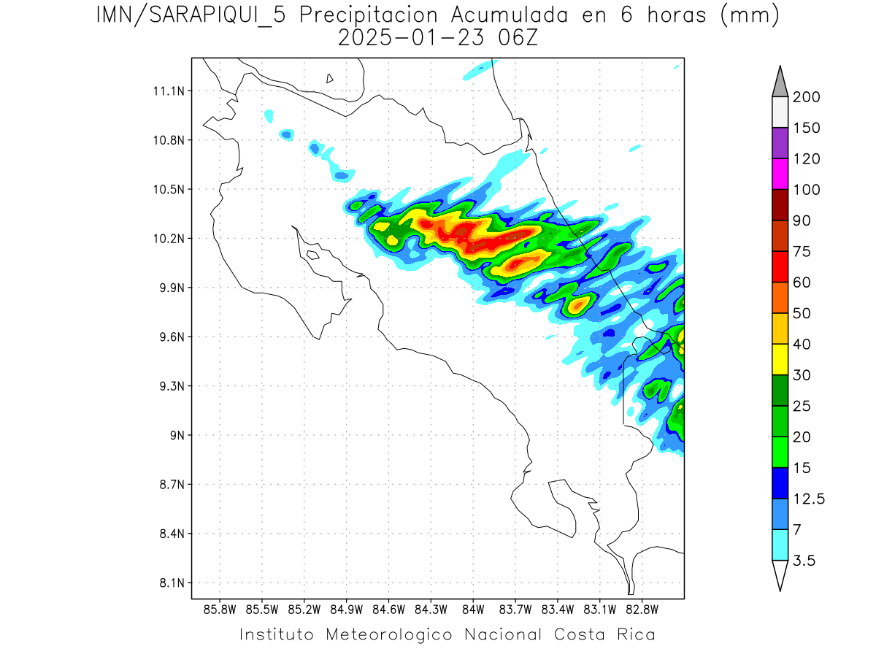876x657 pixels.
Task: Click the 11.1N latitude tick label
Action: pyautogui.click(x=167, y=91)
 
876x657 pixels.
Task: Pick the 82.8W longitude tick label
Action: pyautogui.click(x=642, y=609)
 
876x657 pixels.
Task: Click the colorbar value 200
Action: pyautogui.click(x=806, y=97)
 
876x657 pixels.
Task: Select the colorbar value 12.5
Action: pyautogui.click(x=809, y=499)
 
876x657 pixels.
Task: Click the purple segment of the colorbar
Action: pyautogui.click(x=780, y=143)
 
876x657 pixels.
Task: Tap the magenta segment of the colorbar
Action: pyautogui.click(x=780, y=174)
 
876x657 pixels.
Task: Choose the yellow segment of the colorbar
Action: pyautogui.click(x=780, y=359)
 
